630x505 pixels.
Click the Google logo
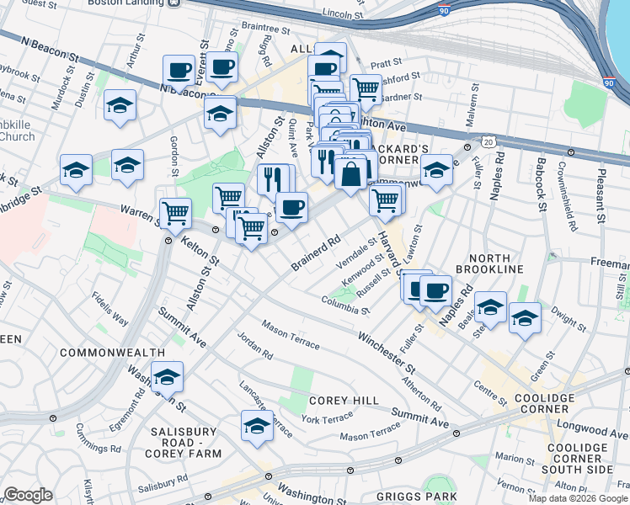tap(28, 495)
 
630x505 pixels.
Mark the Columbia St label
tap(345, 305)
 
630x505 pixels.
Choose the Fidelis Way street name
tap(110, 309)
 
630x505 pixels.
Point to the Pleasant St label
tap(600, 198)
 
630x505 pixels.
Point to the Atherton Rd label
tap(424, 394)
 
